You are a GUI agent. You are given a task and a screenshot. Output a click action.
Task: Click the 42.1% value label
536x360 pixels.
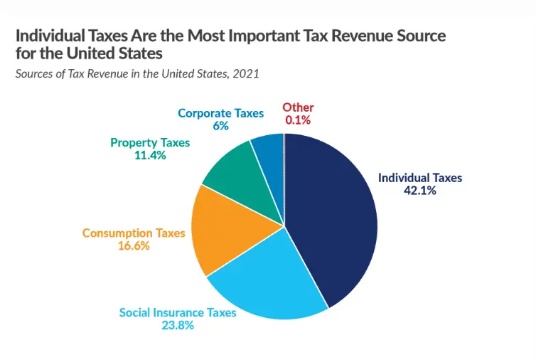pyautogui.click(x=419, y=191)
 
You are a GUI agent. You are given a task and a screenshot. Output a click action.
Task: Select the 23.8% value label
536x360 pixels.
pyautogui.click(x=177, y=325)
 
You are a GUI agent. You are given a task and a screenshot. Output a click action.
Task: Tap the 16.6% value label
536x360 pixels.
pyautogui.click(x=134, y=245)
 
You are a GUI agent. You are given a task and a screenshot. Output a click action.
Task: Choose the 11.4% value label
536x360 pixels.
pyautogui.click(x=150, y=155)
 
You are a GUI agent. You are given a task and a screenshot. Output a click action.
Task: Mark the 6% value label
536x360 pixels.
pyautogui.click(x=220, y=125)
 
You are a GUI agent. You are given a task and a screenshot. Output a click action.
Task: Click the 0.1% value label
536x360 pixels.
pyautogui.click(x=298, y=120)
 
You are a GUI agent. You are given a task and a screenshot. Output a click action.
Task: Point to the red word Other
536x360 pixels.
pyautogui.click(x=298, y=107)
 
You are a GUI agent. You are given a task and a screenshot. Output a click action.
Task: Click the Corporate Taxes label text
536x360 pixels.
pyautogui.click(x=220, y=113)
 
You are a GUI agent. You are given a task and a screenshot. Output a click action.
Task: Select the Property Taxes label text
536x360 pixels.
pyautogui.click(x=150, y=142)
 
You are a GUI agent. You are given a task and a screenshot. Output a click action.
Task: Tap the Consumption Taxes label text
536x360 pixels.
pyautogui.click(x=134, y=233)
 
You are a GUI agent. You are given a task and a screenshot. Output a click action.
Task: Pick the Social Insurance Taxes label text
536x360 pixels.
pyautogui.click(x=177, y=312)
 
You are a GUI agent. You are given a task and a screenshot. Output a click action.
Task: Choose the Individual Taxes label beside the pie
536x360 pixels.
pyautogui.click(x=419, y=178)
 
